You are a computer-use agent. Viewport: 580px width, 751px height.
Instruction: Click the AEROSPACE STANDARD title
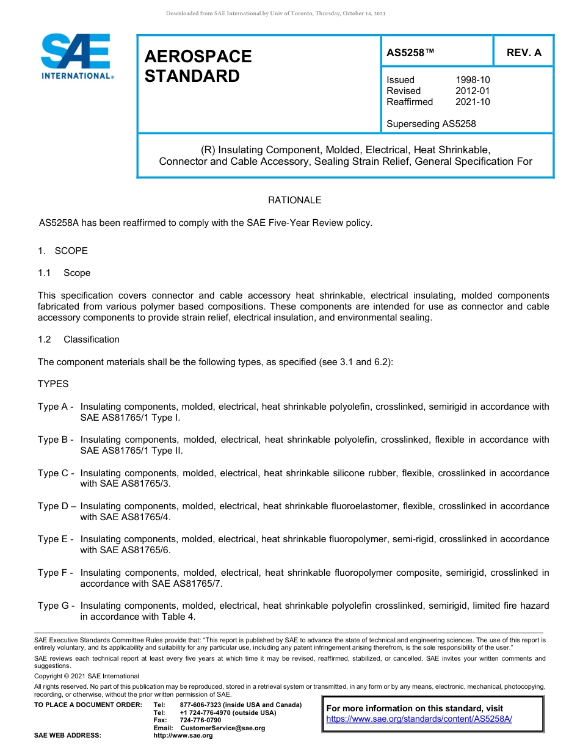(198, 66)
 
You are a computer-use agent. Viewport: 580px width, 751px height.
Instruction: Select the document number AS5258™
(410, 53)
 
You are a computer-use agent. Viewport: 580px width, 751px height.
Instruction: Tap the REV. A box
(523, 53)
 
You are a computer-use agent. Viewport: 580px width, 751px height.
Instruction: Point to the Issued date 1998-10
(473, 80)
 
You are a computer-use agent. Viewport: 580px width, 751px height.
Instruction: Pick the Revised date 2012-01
(473, 91)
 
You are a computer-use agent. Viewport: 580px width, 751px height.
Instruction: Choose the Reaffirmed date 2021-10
(473, 102)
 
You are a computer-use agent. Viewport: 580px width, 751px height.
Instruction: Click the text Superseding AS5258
(431, 124)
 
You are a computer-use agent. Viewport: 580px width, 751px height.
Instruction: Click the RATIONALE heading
(294, 200)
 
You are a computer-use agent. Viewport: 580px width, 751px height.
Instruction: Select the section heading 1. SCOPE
(63, 251)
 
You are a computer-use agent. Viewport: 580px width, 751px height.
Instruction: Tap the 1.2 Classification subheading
(79, 339)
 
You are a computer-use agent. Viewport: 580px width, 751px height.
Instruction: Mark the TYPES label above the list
(53, 384)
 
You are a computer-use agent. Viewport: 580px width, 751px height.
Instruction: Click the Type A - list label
(56, 407)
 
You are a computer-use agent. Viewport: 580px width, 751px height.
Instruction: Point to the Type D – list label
(57, 506)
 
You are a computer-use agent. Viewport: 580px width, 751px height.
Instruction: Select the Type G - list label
(56, 606)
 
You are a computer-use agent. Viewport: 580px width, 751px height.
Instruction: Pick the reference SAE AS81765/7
(187, 584)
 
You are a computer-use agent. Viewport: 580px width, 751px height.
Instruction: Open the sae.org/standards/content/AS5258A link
(419, 719)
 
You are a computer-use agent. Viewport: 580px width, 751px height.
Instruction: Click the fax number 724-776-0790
(200, 720)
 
